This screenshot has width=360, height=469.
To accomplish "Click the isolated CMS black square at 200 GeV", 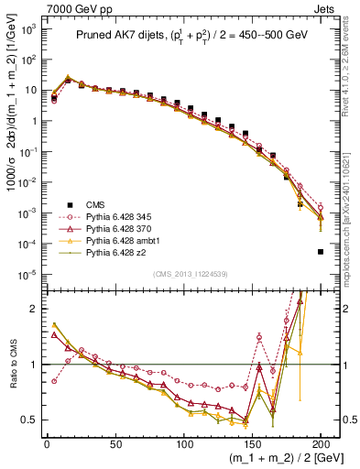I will point(321,252).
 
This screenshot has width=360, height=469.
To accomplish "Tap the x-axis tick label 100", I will point(183,443).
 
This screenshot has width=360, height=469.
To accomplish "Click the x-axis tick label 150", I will point(252,443).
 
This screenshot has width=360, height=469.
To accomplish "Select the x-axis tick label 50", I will point(115,443).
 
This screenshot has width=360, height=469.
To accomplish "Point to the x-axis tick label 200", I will point(321,443).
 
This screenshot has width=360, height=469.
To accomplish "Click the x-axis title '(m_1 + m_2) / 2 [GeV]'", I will point(280,459).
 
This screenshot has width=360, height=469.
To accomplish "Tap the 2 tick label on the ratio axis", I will point(32,309).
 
